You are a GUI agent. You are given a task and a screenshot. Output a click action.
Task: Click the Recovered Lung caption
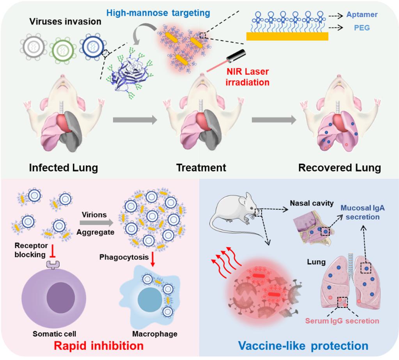coord(339,168)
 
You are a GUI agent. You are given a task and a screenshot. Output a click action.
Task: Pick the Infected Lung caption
coord(63,168)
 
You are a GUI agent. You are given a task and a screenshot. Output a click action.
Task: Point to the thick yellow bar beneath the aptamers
coord(287,36)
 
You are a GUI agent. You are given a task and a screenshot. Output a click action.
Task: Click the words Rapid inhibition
coord(99,345)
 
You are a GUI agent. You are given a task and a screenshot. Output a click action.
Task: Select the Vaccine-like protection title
coord(303,345)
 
